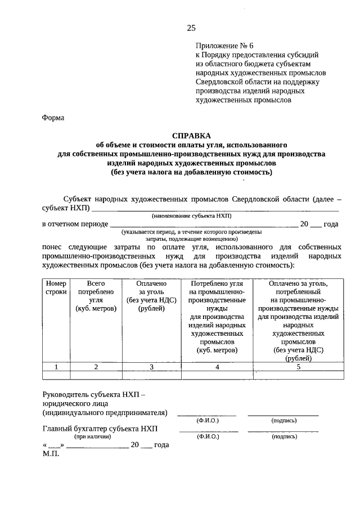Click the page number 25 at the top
[191, 28]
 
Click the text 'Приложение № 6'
[222, 45]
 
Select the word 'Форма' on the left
[53, 118]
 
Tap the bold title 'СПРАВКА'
[191, 136]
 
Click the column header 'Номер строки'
[56, 288]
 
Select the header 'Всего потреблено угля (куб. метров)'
[96, 296]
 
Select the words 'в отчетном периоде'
[75, 224]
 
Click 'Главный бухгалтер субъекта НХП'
[101, 429]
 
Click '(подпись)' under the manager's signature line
[283, 420]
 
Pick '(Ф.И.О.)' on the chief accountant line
[208, 436]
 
